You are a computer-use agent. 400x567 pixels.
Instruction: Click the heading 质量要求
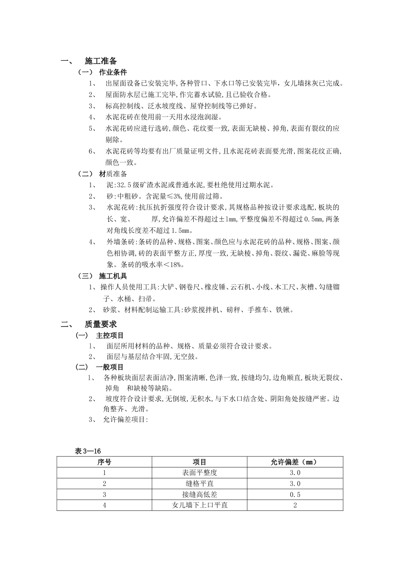tap(101, 324)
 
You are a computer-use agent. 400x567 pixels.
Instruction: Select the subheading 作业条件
tap(112, 72)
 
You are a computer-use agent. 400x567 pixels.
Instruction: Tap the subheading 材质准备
tap(113, 174)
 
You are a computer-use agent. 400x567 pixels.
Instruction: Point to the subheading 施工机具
tap(113, 276)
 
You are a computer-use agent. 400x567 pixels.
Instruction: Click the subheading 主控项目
tap(110, 336)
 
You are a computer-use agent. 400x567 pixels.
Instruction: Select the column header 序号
tap(104, 462)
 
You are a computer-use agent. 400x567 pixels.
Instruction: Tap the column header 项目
tap(200, 462)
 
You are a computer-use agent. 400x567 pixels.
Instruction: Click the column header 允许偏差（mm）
tap(294, 462)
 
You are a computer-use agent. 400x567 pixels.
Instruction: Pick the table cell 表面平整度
tap(200, 473)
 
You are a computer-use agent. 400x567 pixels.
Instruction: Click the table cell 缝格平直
tap(200, 483)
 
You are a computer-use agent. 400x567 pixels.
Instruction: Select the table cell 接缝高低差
tap(200, 494)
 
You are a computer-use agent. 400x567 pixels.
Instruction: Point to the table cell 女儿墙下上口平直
tap(200, 505)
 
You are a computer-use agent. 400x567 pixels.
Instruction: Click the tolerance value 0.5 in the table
tap(295, 494)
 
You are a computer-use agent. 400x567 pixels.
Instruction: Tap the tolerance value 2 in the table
tap(295, 505)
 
